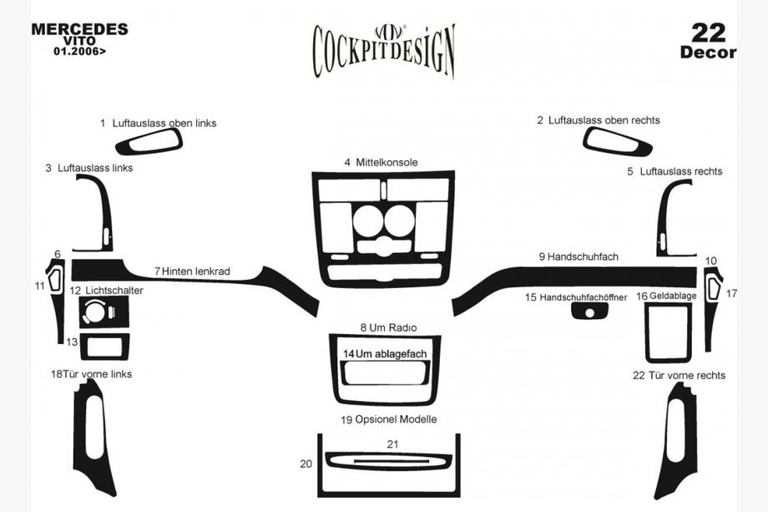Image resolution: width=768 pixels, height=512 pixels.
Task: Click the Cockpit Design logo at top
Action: [384, 51]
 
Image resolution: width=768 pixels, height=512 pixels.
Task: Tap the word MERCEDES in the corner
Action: [79, 29]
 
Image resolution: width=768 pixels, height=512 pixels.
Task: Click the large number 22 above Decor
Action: [708, 33]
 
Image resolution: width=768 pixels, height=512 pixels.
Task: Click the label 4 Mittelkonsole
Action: [381, 163]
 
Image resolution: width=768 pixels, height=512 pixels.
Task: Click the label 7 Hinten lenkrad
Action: [192, 271]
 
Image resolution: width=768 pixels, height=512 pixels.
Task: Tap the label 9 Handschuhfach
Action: [579, 256]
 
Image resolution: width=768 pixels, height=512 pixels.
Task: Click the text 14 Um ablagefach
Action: [385, 354]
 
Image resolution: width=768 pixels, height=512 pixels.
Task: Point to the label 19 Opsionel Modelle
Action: [389, 420]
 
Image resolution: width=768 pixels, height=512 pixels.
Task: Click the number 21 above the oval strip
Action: [393, 444]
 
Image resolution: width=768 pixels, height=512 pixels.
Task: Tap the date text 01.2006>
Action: [79, 50]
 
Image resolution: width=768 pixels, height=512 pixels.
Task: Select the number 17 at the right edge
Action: [731, 293]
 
